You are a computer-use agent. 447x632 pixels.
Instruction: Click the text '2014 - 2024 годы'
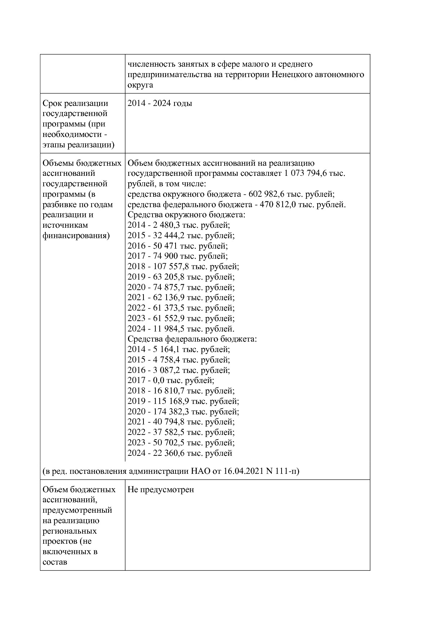click(160, 103)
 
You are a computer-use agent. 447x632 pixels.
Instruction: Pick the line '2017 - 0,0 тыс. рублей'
click(171, 380)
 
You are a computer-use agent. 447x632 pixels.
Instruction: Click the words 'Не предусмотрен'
click(161, 490)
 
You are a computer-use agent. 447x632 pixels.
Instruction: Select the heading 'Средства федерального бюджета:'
click(192, 339)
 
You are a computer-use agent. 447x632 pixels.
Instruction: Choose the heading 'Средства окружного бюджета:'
click(186, 215)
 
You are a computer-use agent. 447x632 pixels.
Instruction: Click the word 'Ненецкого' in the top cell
click(292, 75)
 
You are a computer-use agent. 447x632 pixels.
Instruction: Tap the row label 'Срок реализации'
click(75, 103)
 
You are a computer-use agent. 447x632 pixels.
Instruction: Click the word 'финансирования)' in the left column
click(76, 236)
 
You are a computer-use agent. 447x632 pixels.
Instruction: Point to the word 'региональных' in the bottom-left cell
click(70, 531)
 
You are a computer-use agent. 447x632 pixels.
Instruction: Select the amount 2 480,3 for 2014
click(164, 225)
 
